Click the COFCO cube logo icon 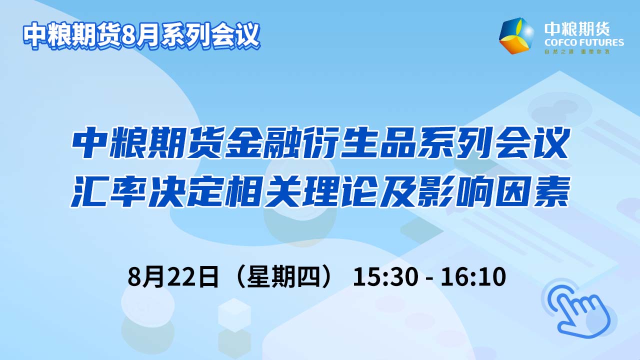coord(516,35)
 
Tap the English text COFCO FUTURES coord(584,43)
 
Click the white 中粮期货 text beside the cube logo coord(577,29)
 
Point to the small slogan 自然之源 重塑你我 coord(577,51)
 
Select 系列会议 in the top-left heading coord(209,35)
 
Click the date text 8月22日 coord(173,276)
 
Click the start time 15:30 coord(385,276)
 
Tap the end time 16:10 coord(473,276)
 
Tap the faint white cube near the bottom coord(234,315)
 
